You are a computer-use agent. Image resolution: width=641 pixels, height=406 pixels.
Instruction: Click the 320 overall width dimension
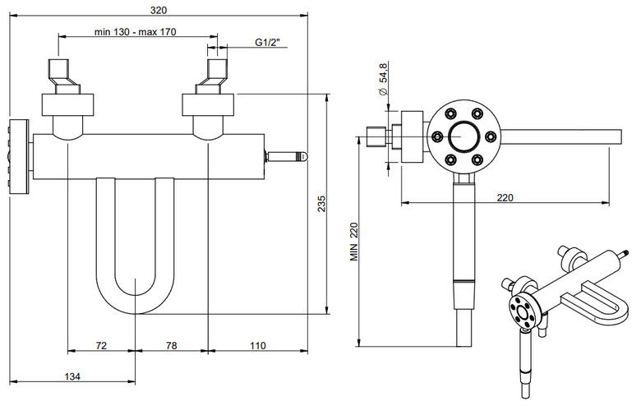pyautogui.click(x=159, y=10)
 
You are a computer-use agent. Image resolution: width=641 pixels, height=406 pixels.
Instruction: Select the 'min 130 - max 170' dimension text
pyautogui.click(x=136, y=31)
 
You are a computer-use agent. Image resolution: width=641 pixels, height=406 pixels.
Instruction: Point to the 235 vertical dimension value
pyautogui.click(x=321, y=204)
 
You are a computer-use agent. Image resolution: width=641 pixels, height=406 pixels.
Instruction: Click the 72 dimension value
pyautogui.click(x=101, y=345)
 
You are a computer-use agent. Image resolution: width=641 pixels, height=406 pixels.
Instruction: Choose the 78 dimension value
pyautogui.click(x=171, y=345)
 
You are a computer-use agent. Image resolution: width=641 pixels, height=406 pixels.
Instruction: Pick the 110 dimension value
pyautogui.click(x=257, y=345)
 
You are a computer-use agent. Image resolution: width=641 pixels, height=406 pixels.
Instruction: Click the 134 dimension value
pyautogui.click(x=72, y=376)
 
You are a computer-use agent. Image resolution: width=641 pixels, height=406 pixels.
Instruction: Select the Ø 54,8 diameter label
pyautogui.click(x=383, y=80)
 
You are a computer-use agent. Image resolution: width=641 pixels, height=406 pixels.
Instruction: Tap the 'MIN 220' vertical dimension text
pyautogui.click(x=353, y=242)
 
